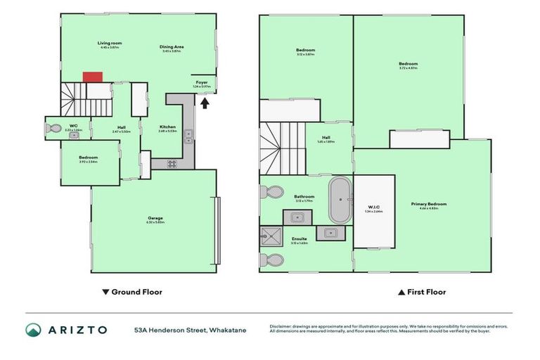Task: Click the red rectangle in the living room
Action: (x=93, y=76)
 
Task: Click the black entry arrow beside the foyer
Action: (x=205, y=104)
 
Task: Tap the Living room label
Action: (x=108, y=44)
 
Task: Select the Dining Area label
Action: (x=172, y=48)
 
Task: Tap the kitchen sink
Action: (x=189, y=136)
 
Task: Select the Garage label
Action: (x=155, y=219)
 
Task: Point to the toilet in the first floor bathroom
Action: (x=273, y=193)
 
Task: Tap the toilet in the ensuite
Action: (x=273, y=260)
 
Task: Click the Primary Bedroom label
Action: (x=429, y=205)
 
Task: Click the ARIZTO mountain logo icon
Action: (x=33, y=329)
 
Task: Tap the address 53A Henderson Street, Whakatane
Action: (x=190, y=329)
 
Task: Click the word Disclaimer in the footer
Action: (x=283, y=326)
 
